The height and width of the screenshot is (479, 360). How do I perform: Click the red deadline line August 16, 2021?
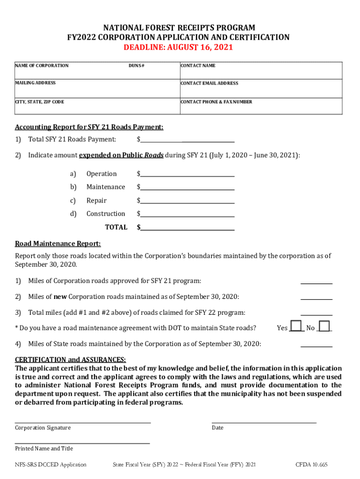[x=178, y=48]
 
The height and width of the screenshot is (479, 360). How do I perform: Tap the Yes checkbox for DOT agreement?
[x=296, y=327]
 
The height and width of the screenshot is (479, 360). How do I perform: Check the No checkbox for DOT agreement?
[x=324, y=327]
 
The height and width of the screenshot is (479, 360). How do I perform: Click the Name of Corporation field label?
[x=42, y=65]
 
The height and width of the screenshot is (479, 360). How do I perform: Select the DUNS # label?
[x=137, y=65]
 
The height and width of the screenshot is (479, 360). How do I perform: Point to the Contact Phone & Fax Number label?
[x=216, y=102]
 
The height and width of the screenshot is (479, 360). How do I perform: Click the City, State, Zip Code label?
[x=40, y=102]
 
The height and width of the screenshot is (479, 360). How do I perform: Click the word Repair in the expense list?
[x=96, y=201]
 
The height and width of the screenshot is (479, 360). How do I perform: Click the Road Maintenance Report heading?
[x=58, y=244]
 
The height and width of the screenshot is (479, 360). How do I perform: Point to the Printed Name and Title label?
[x=44, y=448]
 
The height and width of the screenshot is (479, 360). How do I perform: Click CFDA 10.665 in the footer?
[x=311, y=464]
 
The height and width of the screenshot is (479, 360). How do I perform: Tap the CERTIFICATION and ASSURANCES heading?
[x=70, y=360]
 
